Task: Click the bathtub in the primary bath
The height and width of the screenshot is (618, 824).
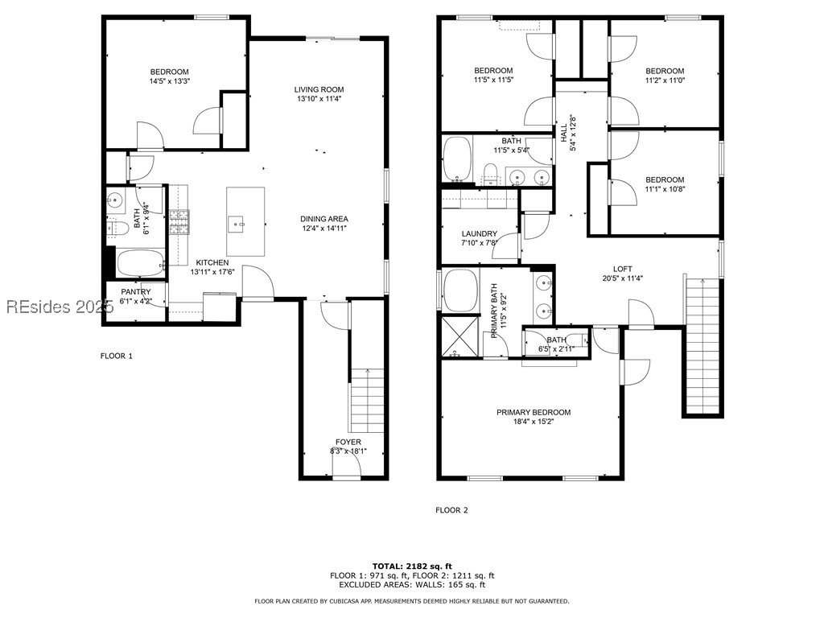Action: click(x=462, y=290)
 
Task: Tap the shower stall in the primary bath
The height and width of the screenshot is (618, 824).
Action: click(x=459, y=336)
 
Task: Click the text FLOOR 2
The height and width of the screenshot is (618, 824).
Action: click(x=451, y=510)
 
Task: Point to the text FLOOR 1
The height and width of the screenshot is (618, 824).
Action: click(x=116, y=356)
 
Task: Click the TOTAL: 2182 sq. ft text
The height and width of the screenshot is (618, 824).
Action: click(x=412, y=566)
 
